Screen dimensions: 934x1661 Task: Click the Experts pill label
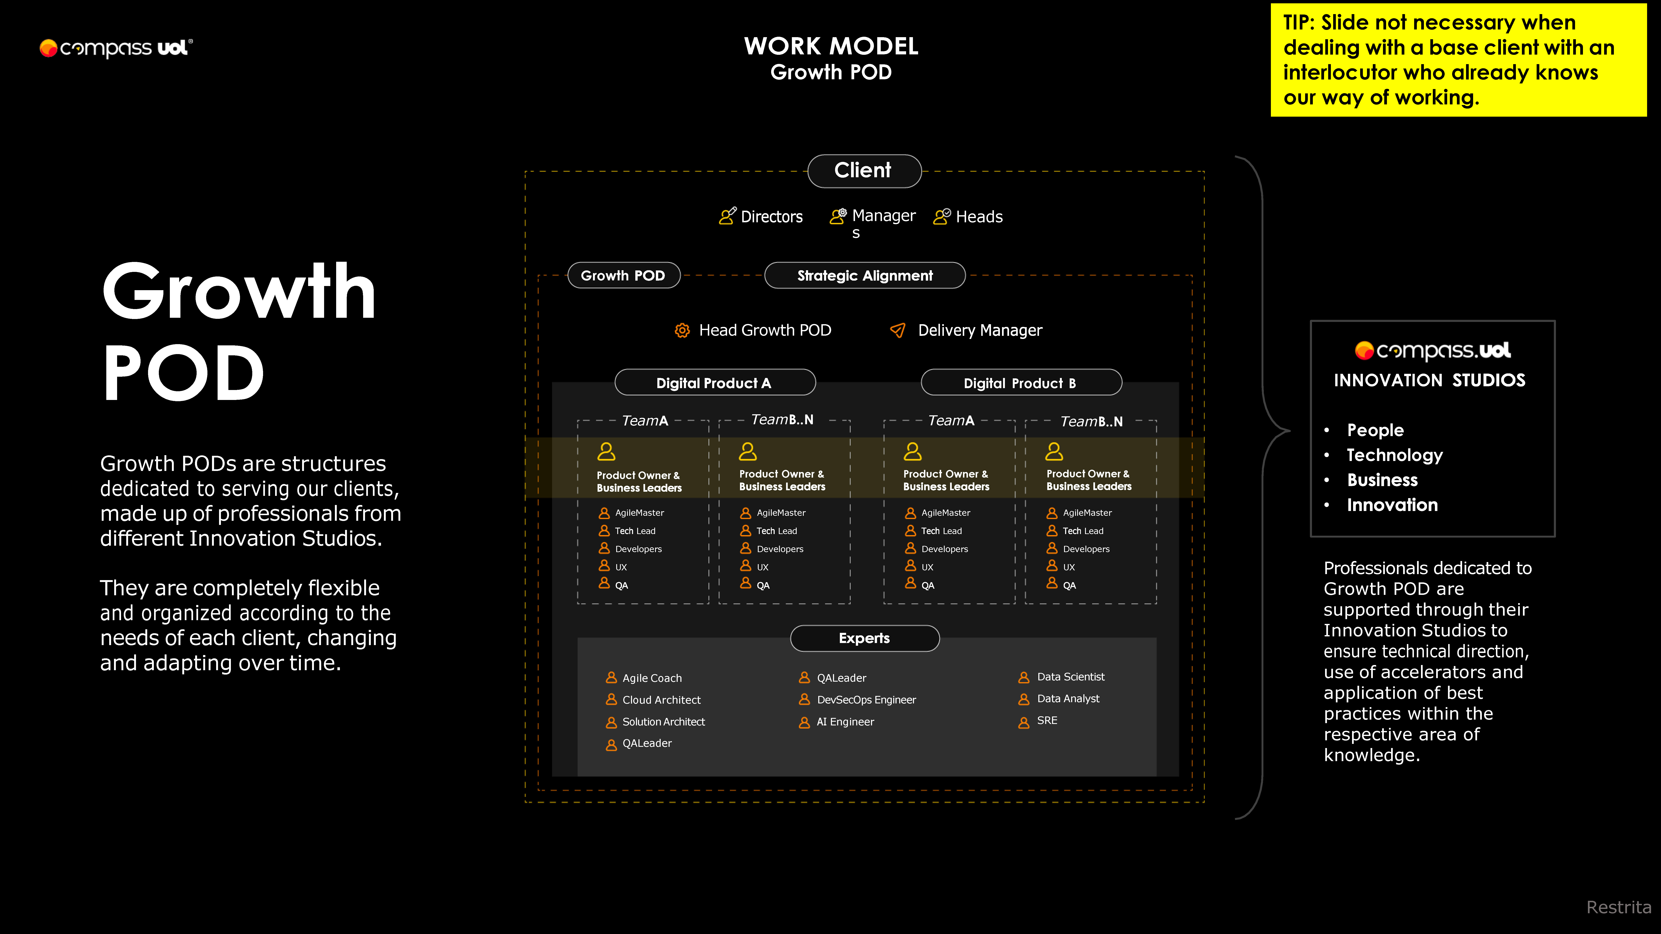(864, 638)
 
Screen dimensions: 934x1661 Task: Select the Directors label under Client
(771, 216)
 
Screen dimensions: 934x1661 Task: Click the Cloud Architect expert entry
(661, 700)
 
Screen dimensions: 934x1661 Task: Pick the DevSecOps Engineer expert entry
(866, 700)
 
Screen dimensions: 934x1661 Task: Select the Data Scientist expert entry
(1070, 677)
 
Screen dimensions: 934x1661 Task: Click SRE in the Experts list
(1046, 721)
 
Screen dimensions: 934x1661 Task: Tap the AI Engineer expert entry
(845, 722)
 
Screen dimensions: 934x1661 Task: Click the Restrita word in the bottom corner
(1618, 908)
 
